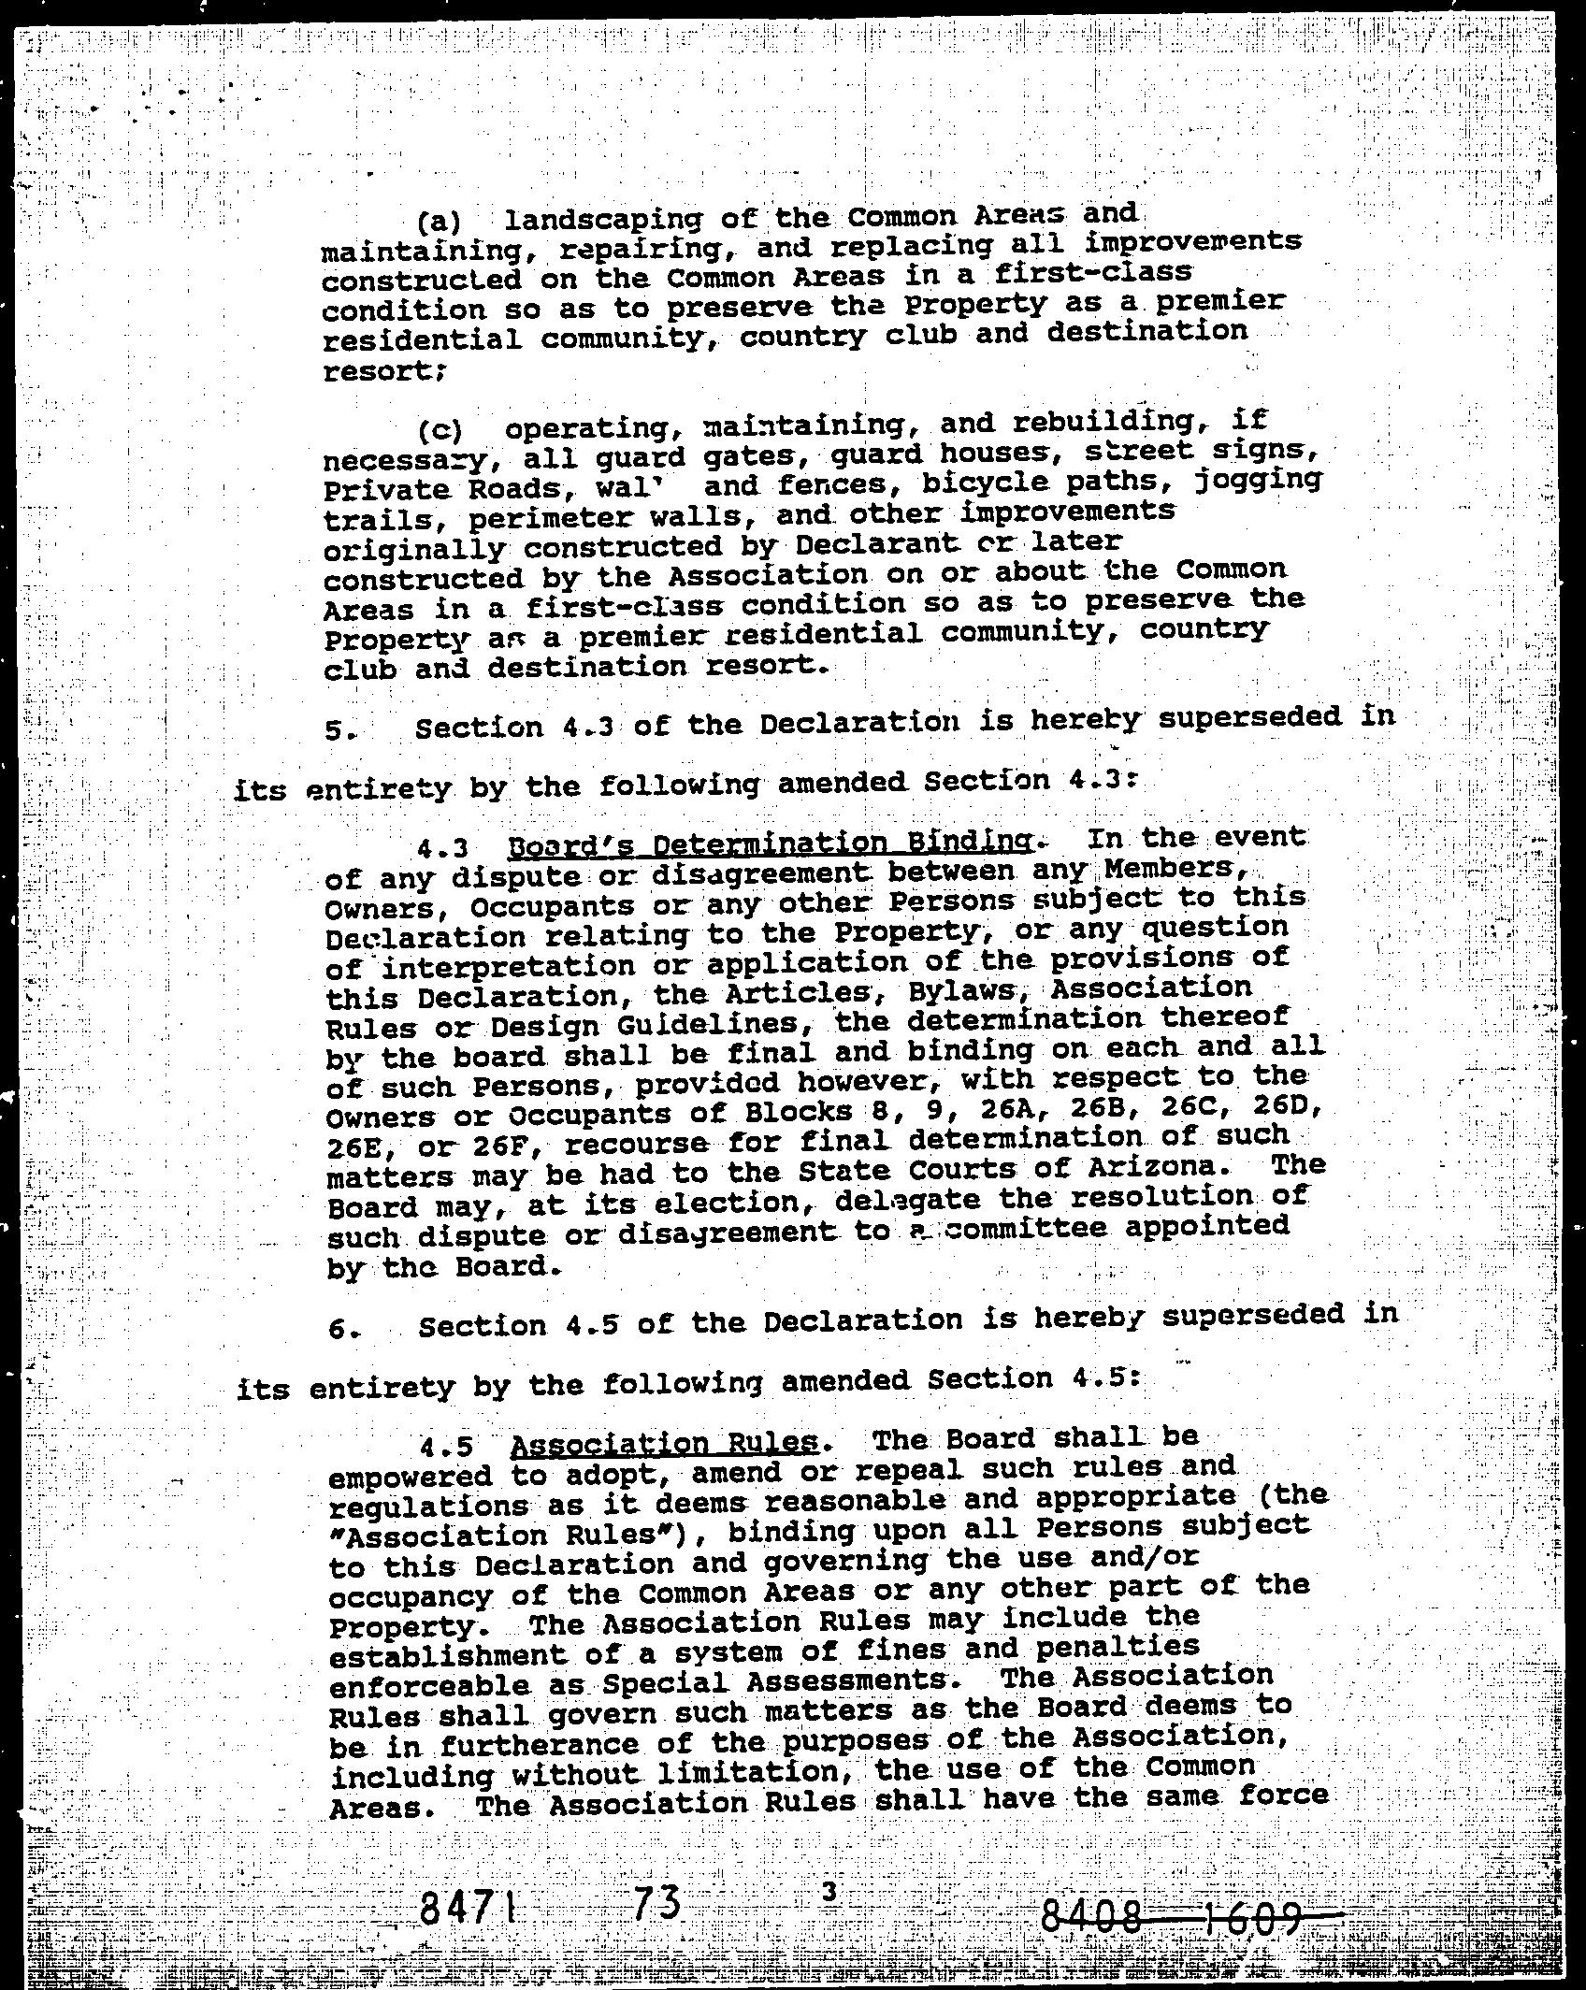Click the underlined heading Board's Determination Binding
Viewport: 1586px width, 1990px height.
pos(770,844)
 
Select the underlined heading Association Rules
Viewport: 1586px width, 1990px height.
pos(665,1445)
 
